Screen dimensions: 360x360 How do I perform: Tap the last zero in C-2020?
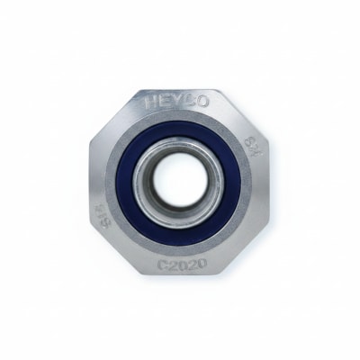coord(202,265)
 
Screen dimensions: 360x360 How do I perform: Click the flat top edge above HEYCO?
coord(180,87)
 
